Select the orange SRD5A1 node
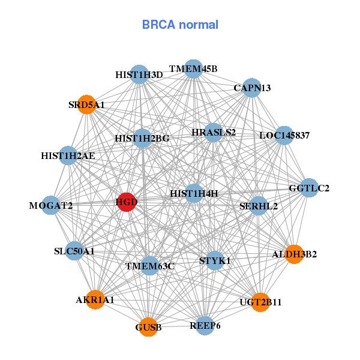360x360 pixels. click(x=87, y=104)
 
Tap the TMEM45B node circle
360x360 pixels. click(x=193, y=68)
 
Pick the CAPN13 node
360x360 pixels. click(x=251, y=88)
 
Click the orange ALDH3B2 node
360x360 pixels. click(x=294, y=254)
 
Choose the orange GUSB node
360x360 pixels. click(x=148, y=327)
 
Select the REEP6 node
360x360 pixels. click(x=205, y=325)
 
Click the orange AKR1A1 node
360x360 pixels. click(x=95, y=299)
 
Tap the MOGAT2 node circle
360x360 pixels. click(x=51, y=205)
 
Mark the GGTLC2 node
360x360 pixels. click(x=309, y=188)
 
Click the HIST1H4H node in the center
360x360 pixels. click(x=194, y=193)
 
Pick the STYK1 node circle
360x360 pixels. click(x=215, y=261)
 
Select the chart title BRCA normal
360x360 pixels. click(x=180, y=25)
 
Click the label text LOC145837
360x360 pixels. click(x=284, y=136)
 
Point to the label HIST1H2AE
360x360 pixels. click(x=68, y=156)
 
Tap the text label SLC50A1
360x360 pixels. click(x=74, y=251)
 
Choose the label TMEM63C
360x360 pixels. click(x=149, y=266)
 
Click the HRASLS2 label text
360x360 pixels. click(x=214, y=132)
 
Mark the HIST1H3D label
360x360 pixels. click(x=139, y=75)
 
